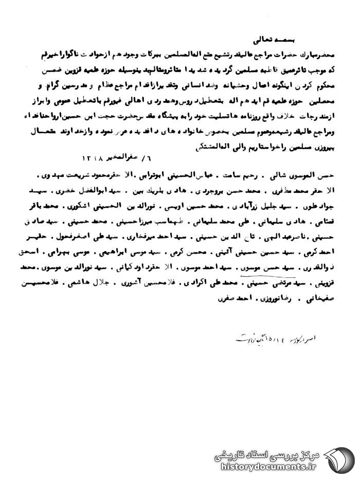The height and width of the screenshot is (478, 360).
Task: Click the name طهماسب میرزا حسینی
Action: click(x=200, y=222)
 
